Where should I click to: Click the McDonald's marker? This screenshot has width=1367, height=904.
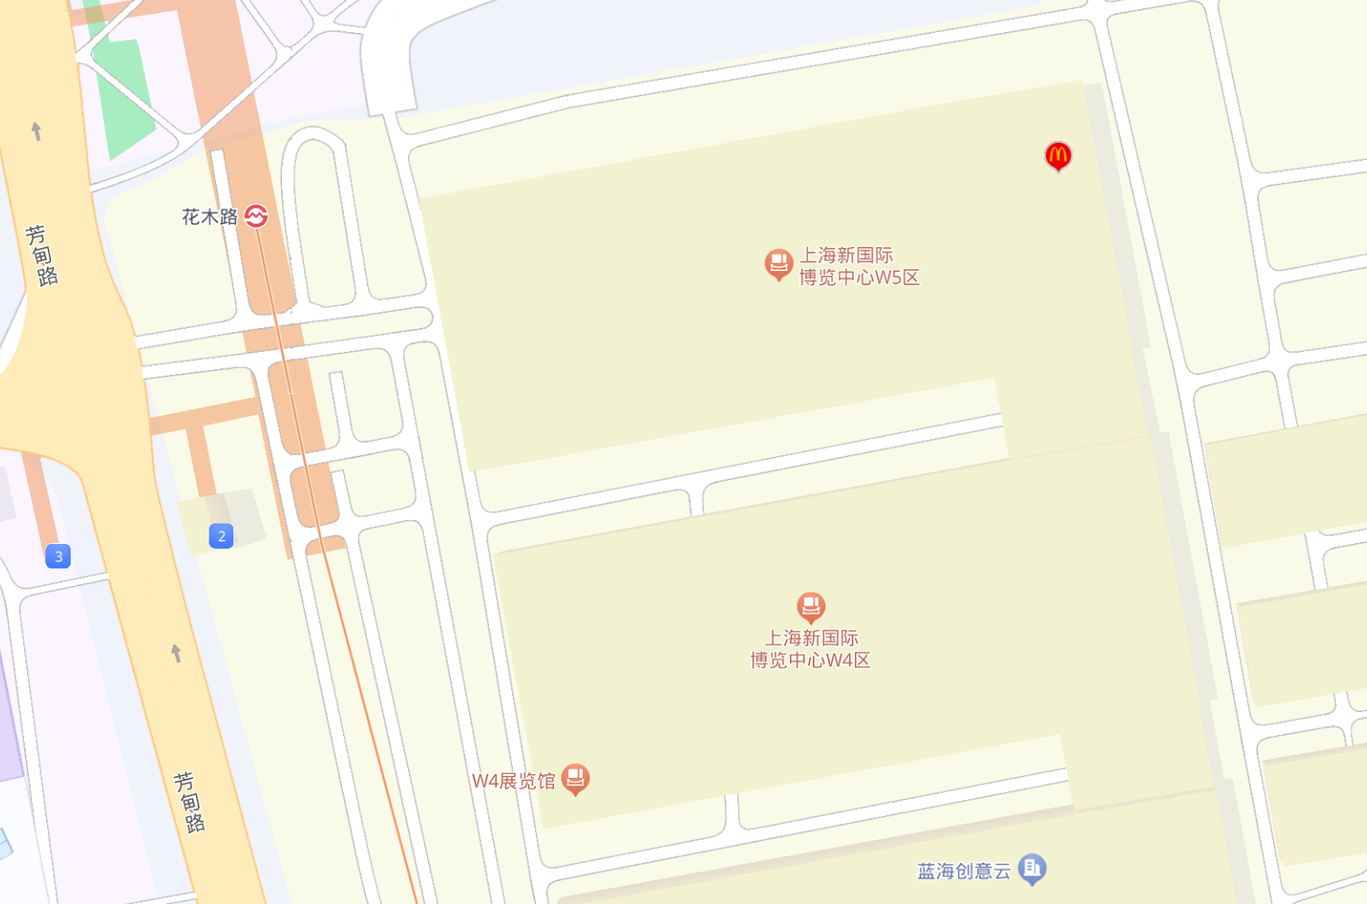[1058, 155]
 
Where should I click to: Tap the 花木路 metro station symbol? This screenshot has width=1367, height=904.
[256, 216]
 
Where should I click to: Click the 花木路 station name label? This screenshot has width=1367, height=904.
[209, 217]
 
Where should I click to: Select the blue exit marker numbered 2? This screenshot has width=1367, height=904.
[221, 536]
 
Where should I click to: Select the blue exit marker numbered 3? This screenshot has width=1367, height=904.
[58, 556]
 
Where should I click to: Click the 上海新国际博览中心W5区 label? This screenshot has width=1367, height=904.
[859, 266]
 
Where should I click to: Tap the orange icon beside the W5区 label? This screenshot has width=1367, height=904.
[778, 264]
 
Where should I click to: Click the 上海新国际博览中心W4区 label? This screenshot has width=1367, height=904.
[810, 649]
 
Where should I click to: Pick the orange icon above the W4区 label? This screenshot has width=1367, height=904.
[810, 607]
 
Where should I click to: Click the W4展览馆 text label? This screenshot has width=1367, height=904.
[514, 780]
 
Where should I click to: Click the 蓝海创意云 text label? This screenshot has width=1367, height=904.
[964, 871]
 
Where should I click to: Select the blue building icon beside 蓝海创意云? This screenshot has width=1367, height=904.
[1031, 868]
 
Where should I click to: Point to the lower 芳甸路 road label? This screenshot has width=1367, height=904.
[190, 802]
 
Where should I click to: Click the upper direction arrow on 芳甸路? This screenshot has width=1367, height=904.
[36, 131]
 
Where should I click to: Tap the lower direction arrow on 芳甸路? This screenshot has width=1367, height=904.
[176, 653]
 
